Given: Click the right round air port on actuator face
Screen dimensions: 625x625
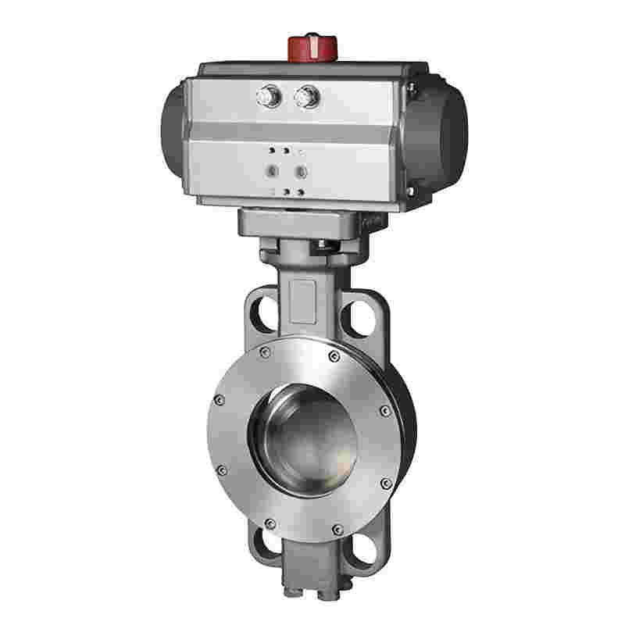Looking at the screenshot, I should point(299,170).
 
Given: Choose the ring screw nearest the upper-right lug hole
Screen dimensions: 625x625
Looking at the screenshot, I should point(335,357).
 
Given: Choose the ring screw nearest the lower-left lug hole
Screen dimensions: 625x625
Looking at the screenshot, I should point(270,523).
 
